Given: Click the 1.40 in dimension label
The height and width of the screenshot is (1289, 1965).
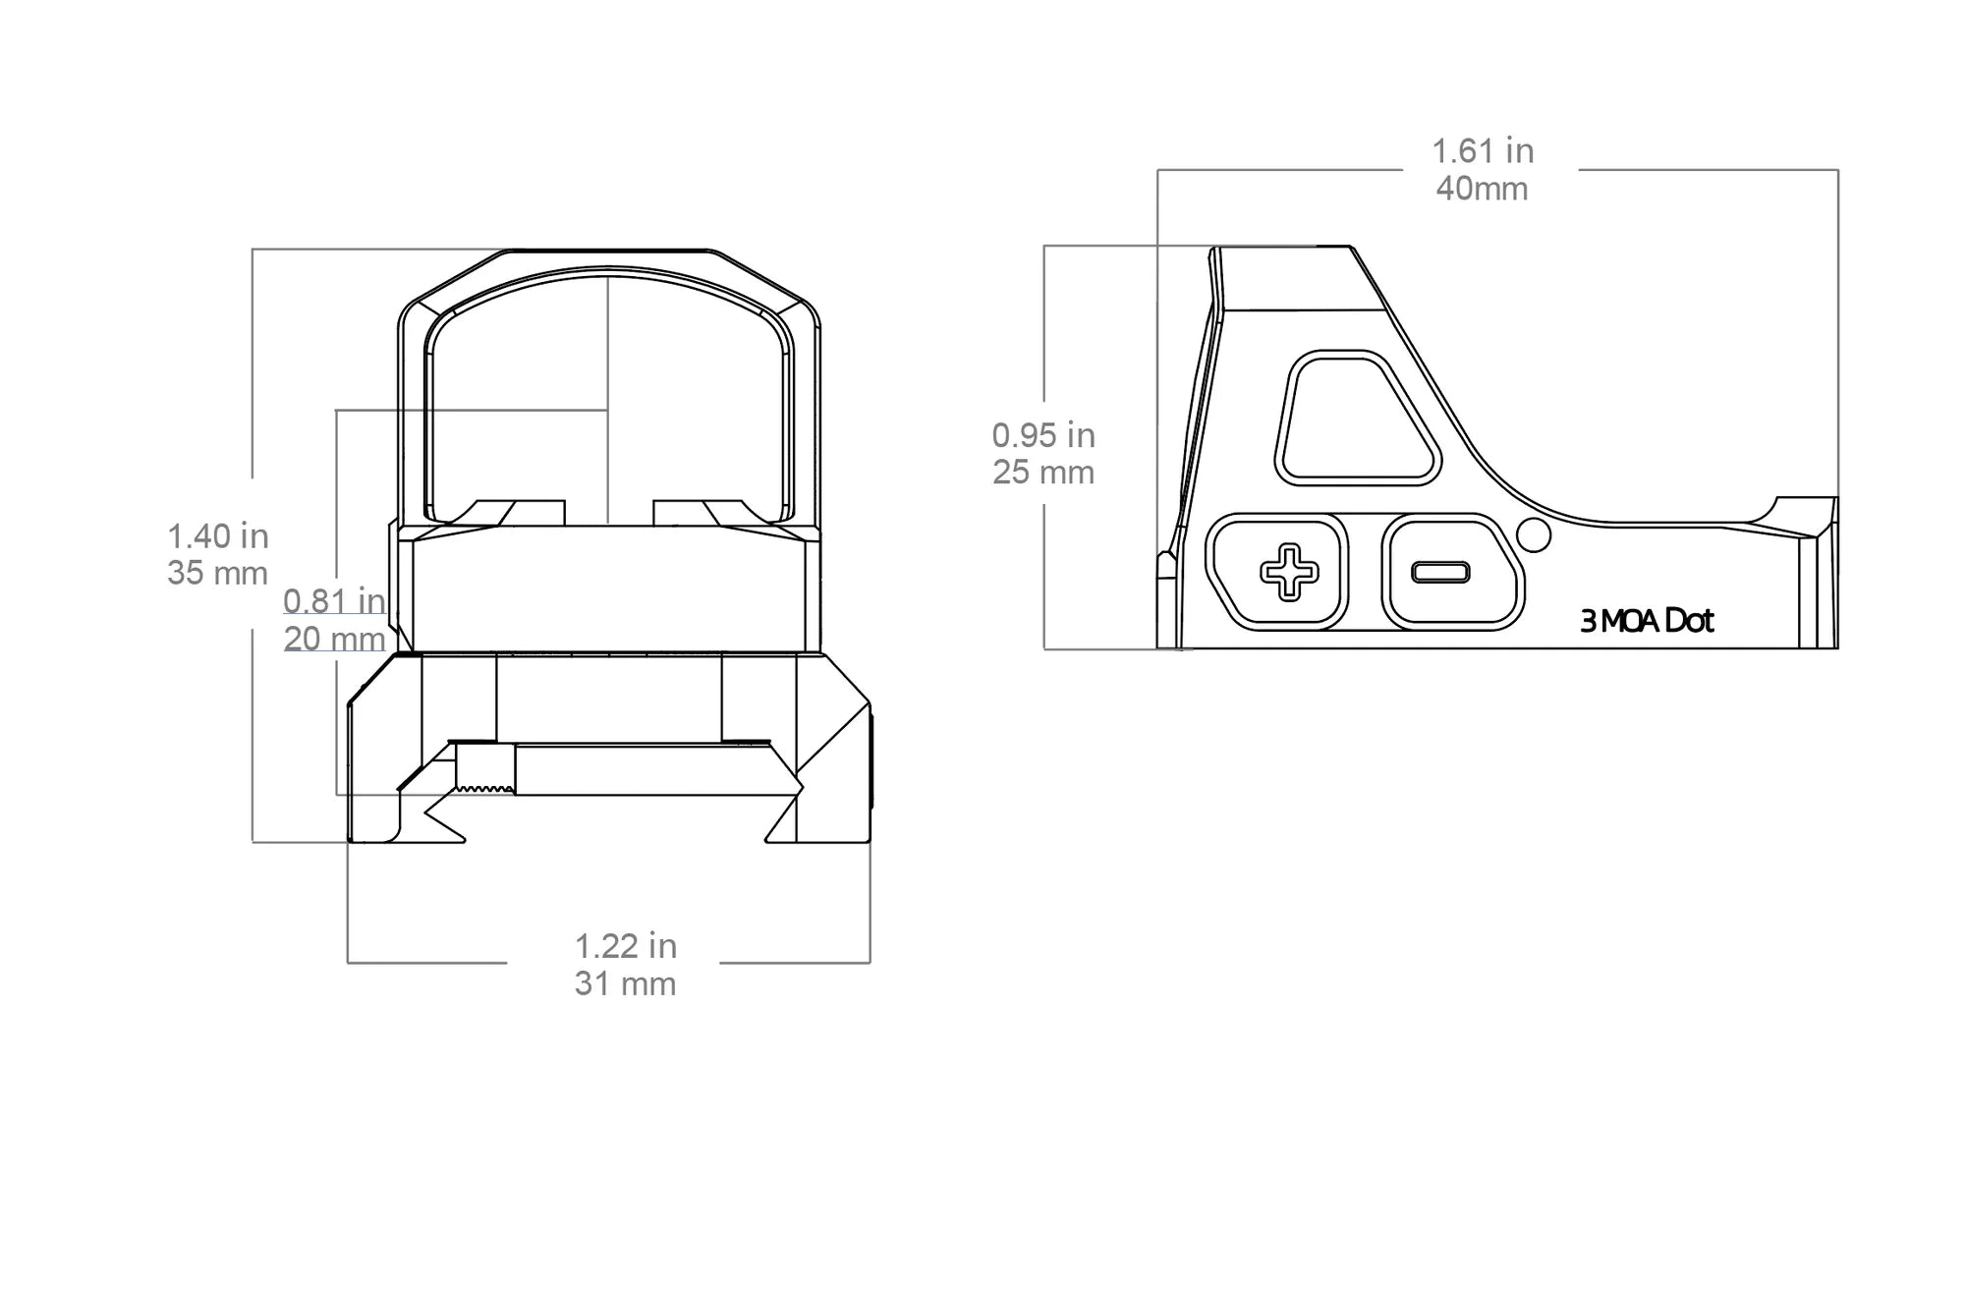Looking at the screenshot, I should click(x=218, y=536).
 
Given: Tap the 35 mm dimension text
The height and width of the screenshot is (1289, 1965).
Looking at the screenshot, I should click(x=218, y=573).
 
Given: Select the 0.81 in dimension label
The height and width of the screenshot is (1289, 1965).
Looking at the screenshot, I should click(x=334, y=600).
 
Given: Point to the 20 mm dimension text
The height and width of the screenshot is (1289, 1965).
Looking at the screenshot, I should click(x=334, y=639).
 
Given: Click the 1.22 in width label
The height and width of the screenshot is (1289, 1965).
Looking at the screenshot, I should click(x=626, y=946).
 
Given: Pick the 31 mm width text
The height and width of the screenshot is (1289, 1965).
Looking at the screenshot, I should click(x=626, y=983).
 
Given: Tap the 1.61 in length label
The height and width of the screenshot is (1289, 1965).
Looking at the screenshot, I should click(x=1483, y=151).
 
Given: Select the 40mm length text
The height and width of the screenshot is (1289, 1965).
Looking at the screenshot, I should click(x=1483, y=189).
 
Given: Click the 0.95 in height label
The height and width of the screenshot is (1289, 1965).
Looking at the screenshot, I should click(x=1043, y=435).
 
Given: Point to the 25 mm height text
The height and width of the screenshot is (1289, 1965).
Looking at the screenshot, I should click(x=1043, y=473).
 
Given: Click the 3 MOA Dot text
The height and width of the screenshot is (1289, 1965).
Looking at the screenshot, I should click(x=1647, y=621).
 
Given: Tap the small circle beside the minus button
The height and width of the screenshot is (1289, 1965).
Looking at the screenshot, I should click(x=1534, y=534).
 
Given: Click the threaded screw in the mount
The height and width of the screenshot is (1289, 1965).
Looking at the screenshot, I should click(x=486, y=768).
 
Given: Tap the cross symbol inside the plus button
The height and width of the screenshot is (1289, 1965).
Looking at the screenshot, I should click(x=1289, y=572).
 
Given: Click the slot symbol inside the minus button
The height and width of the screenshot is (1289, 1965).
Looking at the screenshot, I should click(x=1440, y=572).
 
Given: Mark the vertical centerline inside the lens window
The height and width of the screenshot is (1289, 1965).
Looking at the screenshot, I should click(x=607, y=393).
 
